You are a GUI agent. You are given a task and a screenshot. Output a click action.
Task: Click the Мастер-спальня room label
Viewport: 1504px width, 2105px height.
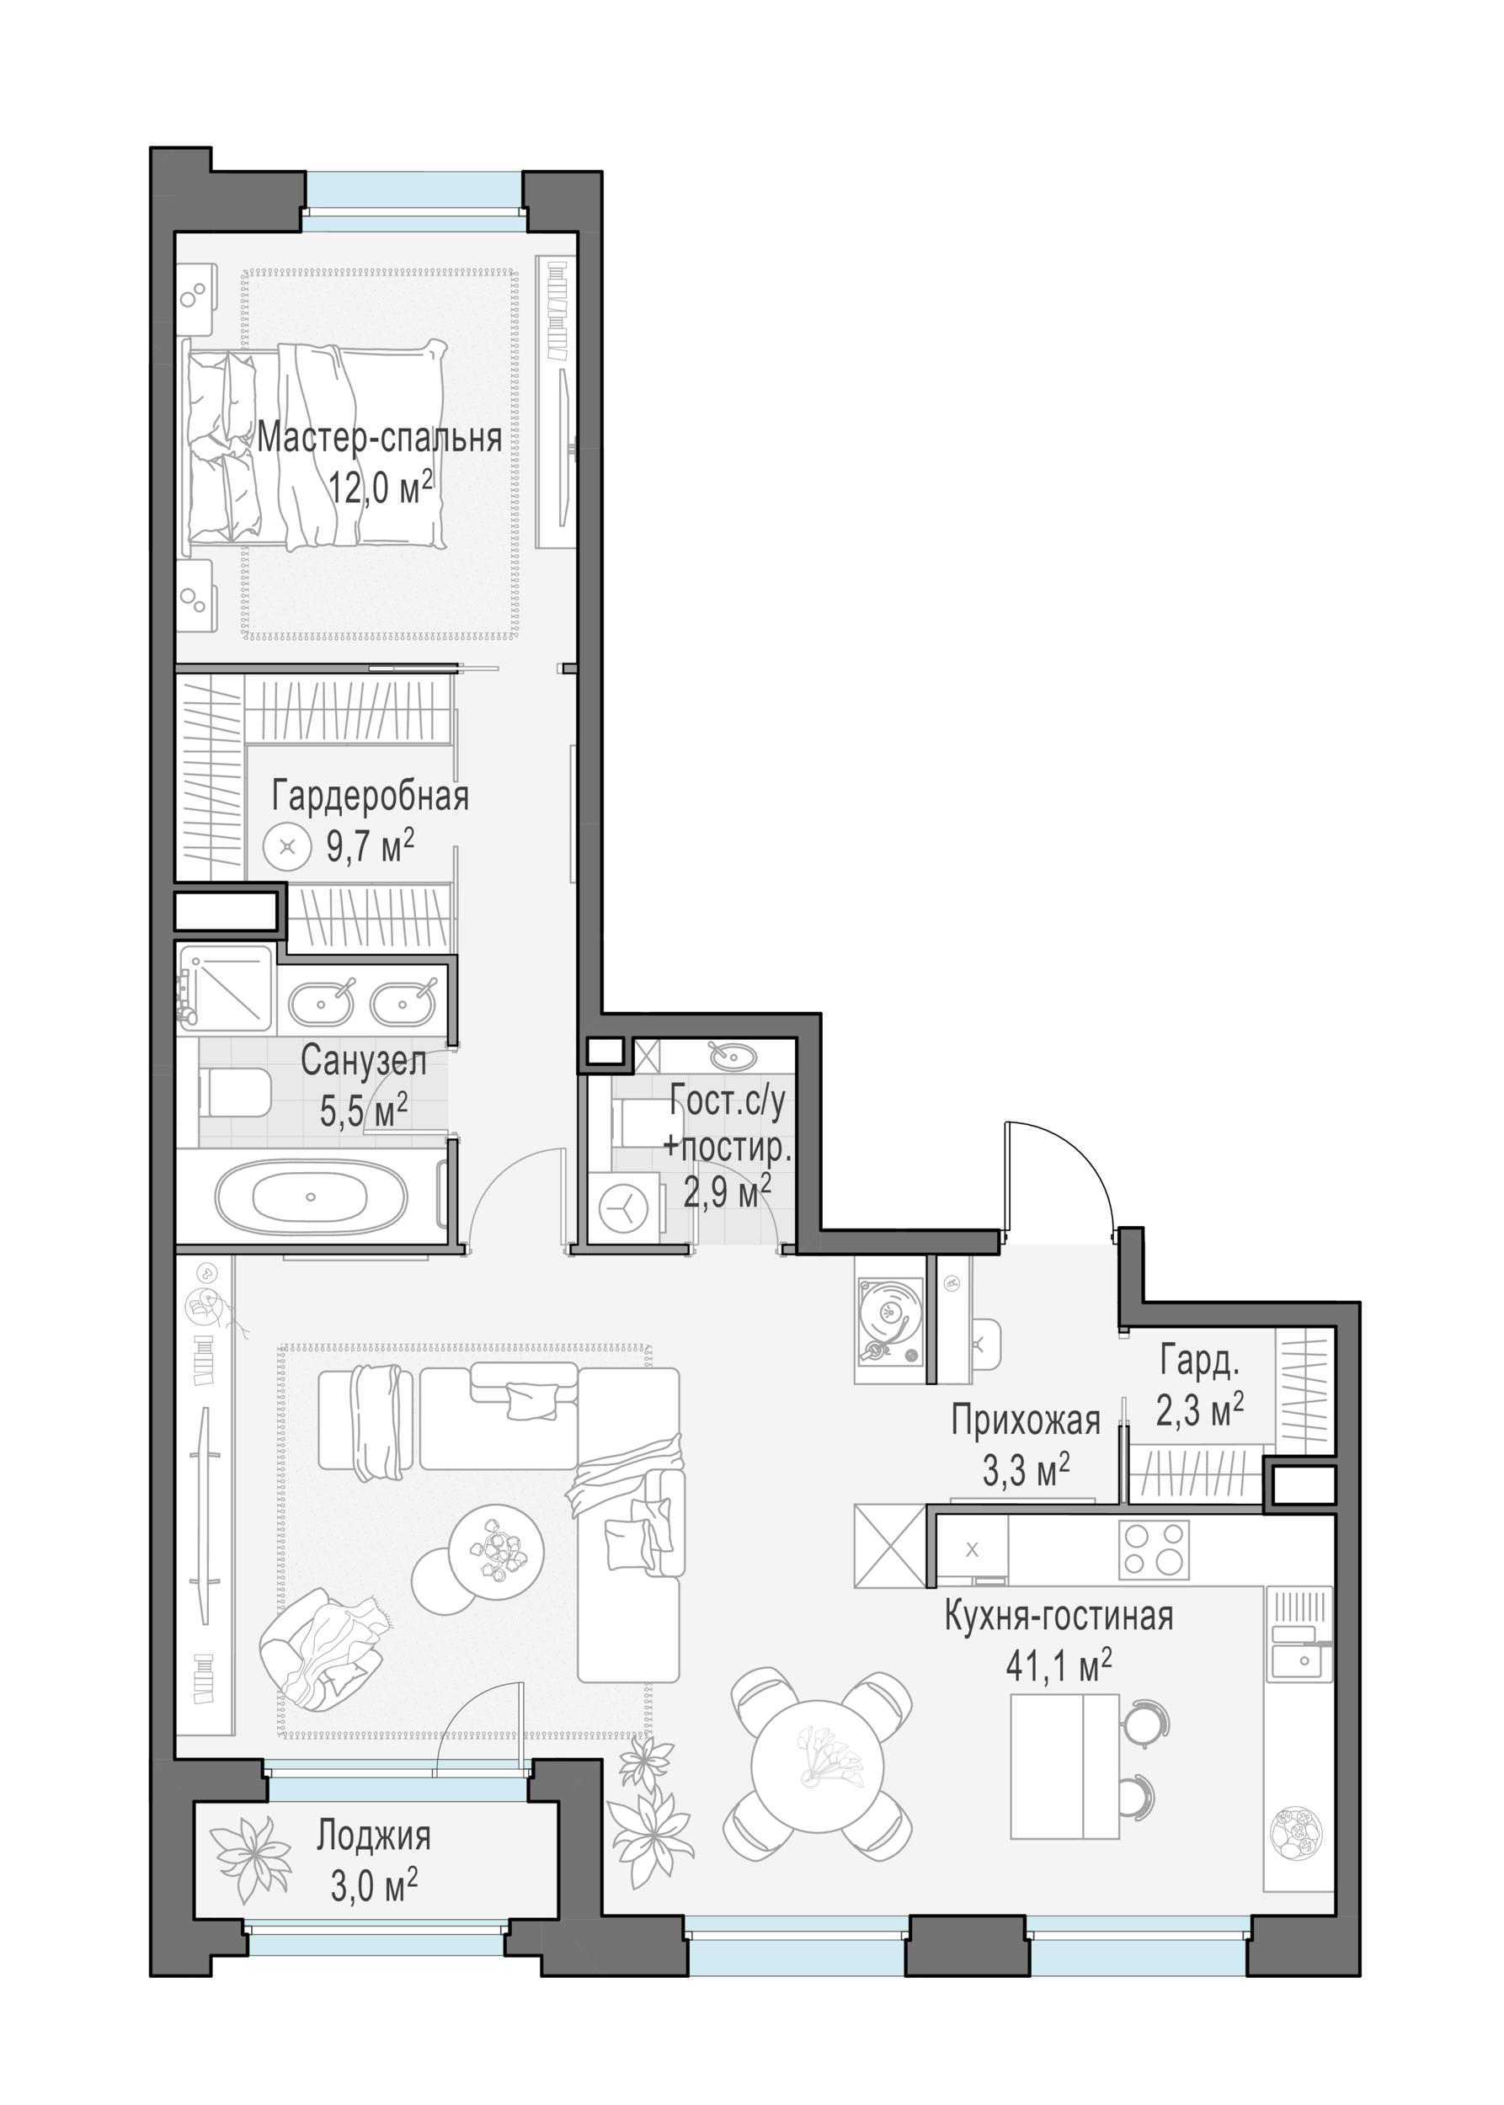[x=380, y=438]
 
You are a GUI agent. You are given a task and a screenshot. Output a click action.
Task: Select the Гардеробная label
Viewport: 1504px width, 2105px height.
[x=370, y=796]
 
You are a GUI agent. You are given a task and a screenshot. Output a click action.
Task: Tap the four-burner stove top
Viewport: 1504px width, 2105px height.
[x=1154, y=1548]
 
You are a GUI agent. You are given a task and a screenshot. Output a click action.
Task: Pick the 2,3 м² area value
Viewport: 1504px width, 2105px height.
[x=1199, y=1410]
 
